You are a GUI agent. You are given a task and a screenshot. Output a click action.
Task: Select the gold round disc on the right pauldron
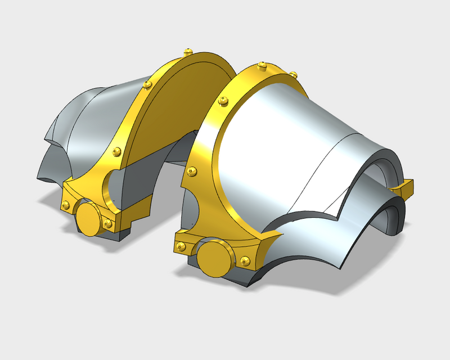(x=213, y=258)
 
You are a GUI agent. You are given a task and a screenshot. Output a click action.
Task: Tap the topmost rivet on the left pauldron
(x=187, y=52)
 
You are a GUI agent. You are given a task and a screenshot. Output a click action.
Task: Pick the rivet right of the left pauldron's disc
(x=108, y=223)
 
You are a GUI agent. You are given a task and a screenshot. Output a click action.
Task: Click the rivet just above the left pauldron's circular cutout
(x=116, y=151)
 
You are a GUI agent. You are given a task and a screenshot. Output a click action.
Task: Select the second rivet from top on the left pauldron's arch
(x=147, y=84)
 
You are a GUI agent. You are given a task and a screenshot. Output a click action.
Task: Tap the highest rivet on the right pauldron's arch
(x=263, y=66)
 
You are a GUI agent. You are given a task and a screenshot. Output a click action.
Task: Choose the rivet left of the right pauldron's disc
(x=182, y=246)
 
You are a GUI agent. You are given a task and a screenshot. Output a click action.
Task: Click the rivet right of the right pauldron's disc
(x=244, y=260)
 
